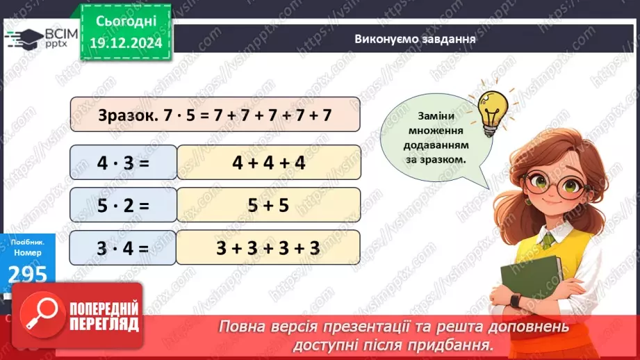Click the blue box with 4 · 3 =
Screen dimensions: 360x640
123,163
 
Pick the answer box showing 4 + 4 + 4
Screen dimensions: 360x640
269,163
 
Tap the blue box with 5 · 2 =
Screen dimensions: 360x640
123,205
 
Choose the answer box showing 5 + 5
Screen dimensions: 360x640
269,205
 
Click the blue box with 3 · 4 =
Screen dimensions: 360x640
123,247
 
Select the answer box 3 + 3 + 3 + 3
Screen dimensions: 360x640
269,247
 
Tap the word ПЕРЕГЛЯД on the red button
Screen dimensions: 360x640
104,325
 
